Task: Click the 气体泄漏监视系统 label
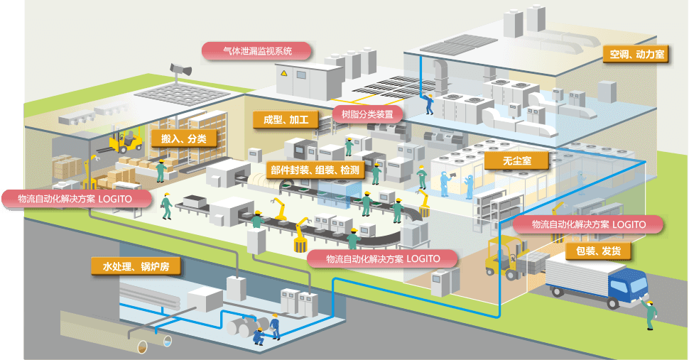[x=256, y=51]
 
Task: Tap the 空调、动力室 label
[x=636, y=55]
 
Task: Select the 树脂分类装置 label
[x=367, y=114]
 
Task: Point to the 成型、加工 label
[x=286, y=119]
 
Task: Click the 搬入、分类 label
[x=184, y=138]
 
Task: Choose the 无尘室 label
[x=517, y=161]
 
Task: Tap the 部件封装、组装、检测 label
[x=315, y=170]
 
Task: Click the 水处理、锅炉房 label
[x=136, y=266]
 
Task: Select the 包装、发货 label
[x=599, y=251]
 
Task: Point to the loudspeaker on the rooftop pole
[x=180, y=69]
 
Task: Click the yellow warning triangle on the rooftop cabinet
[x=284, y=72]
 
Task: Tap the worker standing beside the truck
[x=650, y=314]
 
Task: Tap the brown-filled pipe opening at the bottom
[x=143, y=347]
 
